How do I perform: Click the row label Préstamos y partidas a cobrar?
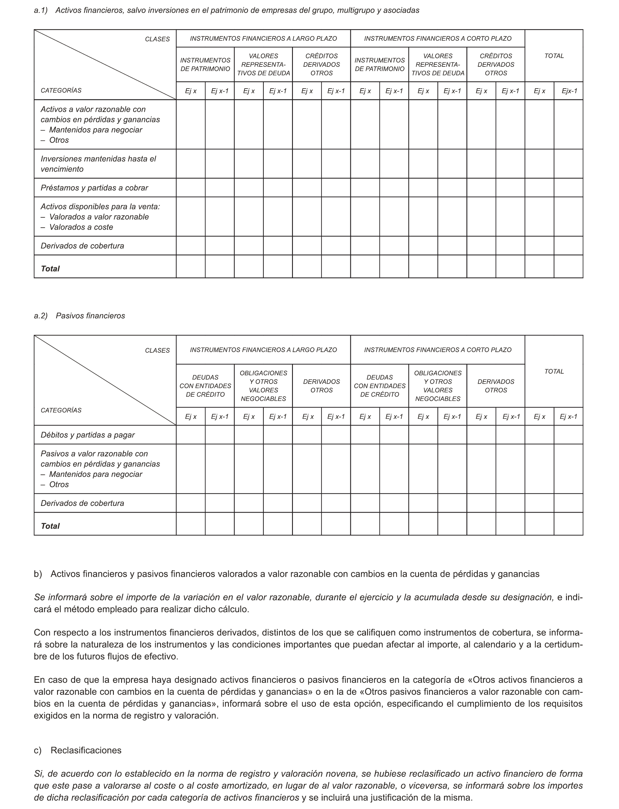(94, 188)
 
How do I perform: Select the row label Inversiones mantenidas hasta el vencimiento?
(98, 164)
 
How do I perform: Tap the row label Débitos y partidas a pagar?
(88, 435)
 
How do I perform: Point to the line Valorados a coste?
(81, 227)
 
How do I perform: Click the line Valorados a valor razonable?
(99, 217)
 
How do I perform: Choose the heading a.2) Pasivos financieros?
(79, 316)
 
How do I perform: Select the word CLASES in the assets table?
(157, 39)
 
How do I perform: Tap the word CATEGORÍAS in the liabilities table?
(61, 410)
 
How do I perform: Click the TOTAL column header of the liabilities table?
(554, 371)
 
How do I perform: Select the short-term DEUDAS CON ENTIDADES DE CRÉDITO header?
(379, 386)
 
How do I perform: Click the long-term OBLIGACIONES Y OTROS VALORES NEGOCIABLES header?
(263, 386)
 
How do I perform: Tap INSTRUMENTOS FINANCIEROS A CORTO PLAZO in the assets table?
(438, 38)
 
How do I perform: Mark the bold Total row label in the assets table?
(50, 269)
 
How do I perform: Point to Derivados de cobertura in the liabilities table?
(82, 503)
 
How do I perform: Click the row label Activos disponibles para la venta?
(100, 207)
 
